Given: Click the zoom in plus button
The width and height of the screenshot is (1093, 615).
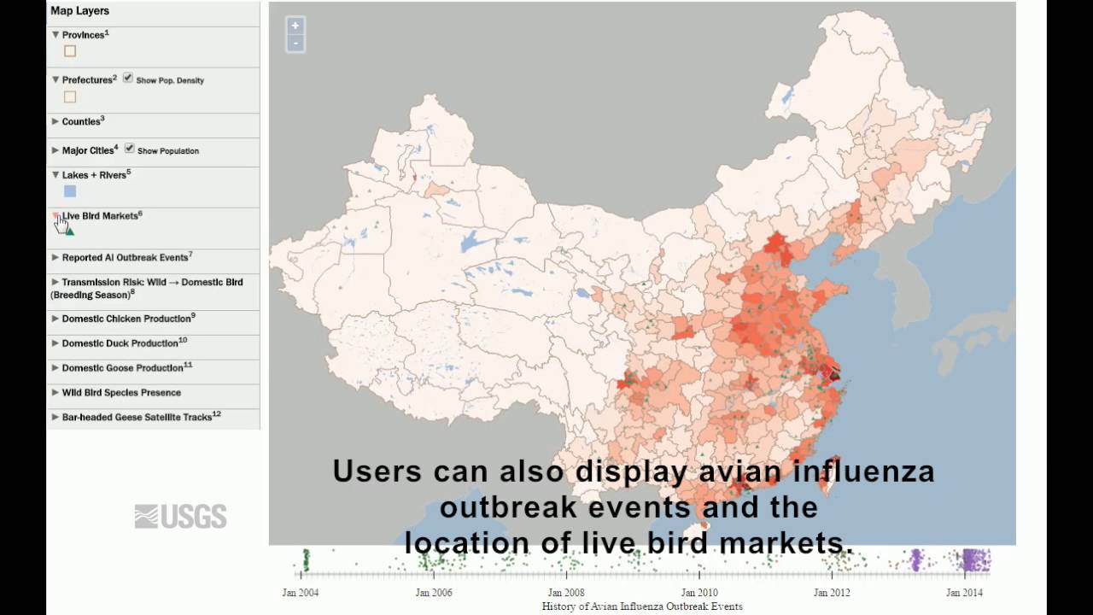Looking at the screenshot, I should coord(295,26).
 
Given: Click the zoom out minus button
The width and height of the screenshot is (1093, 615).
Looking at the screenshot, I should coord(295,43).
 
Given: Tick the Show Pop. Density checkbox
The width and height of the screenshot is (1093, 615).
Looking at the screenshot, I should coord(128,79).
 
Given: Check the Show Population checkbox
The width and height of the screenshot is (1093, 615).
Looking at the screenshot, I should coord(130,149).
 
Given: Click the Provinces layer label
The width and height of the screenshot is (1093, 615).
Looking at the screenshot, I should coord(83,35).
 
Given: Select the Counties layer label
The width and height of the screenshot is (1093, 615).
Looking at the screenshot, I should coord(81,121).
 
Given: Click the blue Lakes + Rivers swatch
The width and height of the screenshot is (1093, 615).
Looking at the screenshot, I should coord(70,191).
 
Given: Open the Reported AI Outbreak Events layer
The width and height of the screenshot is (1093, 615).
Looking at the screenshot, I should coord(125,257).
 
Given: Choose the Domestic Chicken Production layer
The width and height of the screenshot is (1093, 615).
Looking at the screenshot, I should coord(126,319).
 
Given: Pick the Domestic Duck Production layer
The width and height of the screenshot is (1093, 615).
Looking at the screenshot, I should coord(120,343).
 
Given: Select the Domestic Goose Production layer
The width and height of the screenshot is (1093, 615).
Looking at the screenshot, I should coord(123,368).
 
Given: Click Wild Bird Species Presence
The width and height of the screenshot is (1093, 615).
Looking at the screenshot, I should coord(121,393).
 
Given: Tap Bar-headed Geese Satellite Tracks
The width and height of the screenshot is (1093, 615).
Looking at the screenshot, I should coord(137,418).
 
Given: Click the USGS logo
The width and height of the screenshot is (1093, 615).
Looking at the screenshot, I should coord(180,516).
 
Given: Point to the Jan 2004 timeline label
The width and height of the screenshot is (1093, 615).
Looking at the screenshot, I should coord(301,593).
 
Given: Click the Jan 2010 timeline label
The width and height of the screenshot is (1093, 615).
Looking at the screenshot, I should coord(699,593).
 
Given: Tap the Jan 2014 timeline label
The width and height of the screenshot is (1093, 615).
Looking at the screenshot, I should coord(965,593).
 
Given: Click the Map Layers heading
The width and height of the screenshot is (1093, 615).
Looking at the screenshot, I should coord(79,11).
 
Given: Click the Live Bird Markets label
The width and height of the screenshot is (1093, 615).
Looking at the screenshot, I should coord(99,216).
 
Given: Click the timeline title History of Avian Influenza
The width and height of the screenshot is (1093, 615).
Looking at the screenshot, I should coord(642,606).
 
